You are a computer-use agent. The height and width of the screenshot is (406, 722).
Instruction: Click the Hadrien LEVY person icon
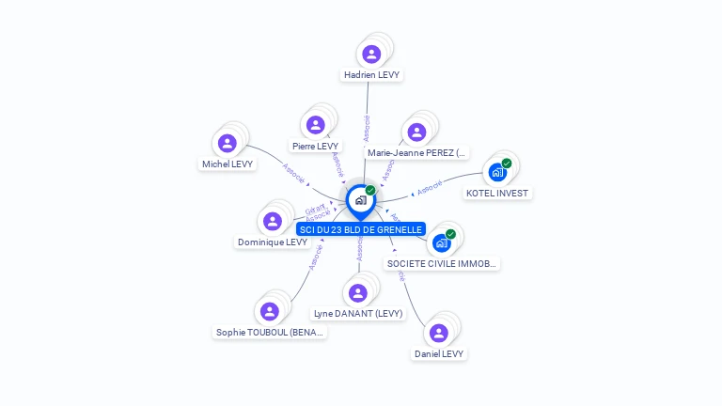[x=371, y=54]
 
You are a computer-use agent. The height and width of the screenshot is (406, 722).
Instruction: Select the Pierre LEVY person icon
[x=315, y=125]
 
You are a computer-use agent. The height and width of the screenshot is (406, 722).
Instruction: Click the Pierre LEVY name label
[x=315, y=147]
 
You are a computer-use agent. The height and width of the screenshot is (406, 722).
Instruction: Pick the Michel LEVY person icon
[x=227, y=143]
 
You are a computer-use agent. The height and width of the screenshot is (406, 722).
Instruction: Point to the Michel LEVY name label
[x=228, y=164]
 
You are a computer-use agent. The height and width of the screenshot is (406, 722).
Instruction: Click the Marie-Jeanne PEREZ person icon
[x=417, y=132]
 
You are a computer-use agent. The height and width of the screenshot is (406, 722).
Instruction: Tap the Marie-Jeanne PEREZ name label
[x=417, y=152]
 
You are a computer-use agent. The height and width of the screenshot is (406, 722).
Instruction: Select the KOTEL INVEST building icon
[x=498, y=172]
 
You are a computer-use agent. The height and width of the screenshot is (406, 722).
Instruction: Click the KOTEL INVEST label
[x=498, y=194]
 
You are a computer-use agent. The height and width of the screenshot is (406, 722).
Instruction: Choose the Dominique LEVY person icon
[x=273, y=221]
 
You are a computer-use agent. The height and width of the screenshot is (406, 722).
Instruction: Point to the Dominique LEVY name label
[x=273, y=242]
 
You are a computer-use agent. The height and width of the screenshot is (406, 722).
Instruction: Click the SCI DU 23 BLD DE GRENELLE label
[x=361, y=229]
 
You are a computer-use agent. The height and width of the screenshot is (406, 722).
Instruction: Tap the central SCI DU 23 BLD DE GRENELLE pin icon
[x=360, y=200]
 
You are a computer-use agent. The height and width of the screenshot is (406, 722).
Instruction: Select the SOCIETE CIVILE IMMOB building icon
[x=442, y=242]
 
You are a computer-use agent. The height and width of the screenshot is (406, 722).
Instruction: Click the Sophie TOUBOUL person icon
[x=270, y=311]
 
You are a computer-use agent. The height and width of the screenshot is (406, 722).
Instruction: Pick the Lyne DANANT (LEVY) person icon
[x=357, y=292]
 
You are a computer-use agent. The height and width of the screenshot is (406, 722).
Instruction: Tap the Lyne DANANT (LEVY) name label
[x=358, y=314]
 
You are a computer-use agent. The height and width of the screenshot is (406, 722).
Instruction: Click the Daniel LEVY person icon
[x=438, y=333]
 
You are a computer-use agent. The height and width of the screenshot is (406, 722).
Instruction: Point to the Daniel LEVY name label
[x=439, y=354]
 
